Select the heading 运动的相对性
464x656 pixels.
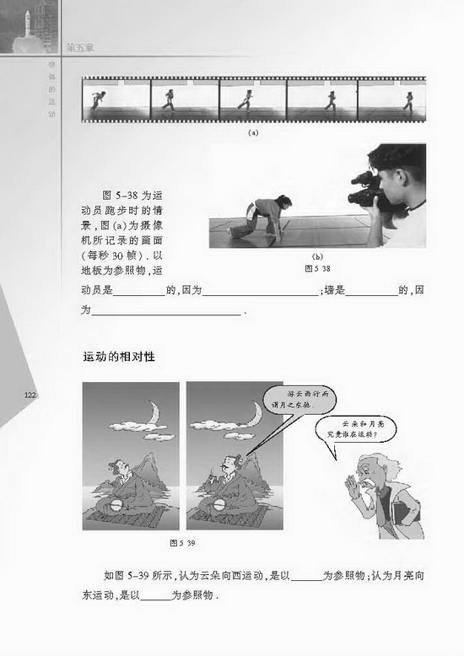click(x=118, y=357)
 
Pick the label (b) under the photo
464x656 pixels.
click(x=318, y=255)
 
